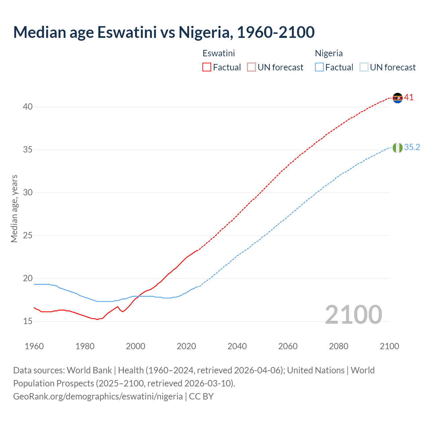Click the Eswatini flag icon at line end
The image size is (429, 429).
397,98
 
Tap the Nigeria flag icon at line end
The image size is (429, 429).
397,147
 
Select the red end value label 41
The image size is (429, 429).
409,98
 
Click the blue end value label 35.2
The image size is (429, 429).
412,147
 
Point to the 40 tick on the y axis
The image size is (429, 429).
28,107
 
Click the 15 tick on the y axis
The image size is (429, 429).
28,321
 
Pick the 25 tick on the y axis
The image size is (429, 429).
28,236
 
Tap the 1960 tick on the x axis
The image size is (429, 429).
34,346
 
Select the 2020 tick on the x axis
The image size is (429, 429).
186,346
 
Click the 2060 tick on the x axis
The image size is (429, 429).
288,346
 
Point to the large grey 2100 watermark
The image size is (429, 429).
353,315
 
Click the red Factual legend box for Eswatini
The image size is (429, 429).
207,67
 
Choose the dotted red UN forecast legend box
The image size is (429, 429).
251,67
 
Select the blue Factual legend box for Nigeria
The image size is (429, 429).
319,67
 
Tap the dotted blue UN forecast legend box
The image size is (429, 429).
364,67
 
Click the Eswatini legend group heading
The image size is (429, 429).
219,53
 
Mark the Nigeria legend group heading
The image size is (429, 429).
329,53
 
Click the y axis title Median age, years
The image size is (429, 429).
14,208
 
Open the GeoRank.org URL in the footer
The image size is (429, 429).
98,396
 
